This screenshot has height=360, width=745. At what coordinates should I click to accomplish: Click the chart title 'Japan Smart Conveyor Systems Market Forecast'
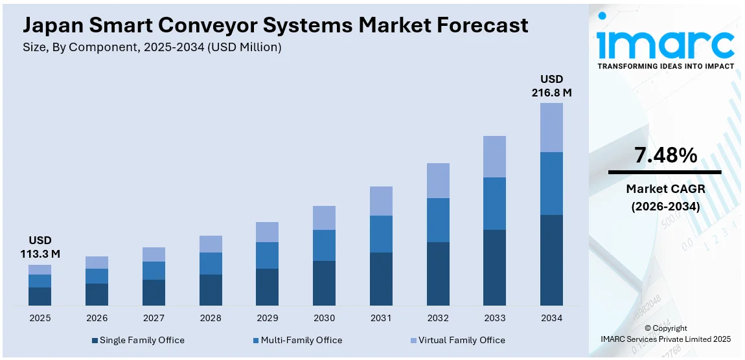275,25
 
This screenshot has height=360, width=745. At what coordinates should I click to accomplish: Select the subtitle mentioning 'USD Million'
152,47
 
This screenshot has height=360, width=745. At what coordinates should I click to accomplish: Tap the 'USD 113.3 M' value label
40,247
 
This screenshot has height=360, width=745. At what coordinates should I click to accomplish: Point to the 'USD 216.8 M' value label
551,85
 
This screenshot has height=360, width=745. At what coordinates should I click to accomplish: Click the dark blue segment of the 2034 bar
551,260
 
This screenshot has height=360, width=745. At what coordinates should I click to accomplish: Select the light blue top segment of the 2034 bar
551,128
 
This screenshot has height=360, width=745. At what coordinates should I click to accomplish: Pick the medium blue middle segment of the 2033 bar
494,203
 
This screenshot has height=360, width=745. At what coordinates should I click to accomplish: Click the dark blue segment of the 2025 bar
40,296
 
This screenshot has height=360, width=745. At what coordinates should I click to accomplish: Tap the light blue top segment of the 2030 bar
324,218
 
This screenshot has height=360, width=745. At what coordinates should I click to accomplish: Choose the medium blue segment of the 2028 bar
211,264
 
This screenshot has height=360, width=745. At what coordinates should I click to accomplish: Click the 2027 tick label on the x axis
154,318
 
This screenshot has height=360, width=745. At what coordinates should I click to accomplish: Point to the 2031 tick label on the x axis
381,318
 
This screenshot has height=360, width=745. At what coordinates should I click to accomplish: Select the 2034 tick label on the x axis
551,318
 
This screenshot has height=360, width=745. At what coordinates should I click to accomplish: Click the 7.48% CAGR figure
665,155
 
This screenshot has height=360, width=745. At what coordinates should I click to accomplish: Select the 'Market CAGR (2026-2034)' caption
665,197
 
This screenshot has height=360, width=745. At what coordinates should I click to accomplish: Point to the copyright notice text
665,333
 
